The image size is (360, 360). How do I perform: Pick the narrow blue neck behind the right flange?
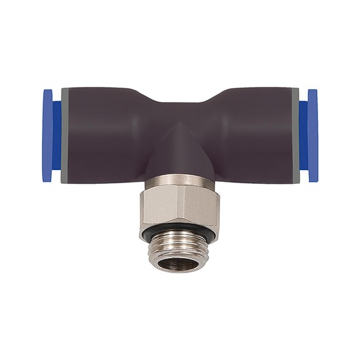(303, 134)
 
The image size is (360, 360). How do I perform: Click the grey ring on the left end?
(65, 134)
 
